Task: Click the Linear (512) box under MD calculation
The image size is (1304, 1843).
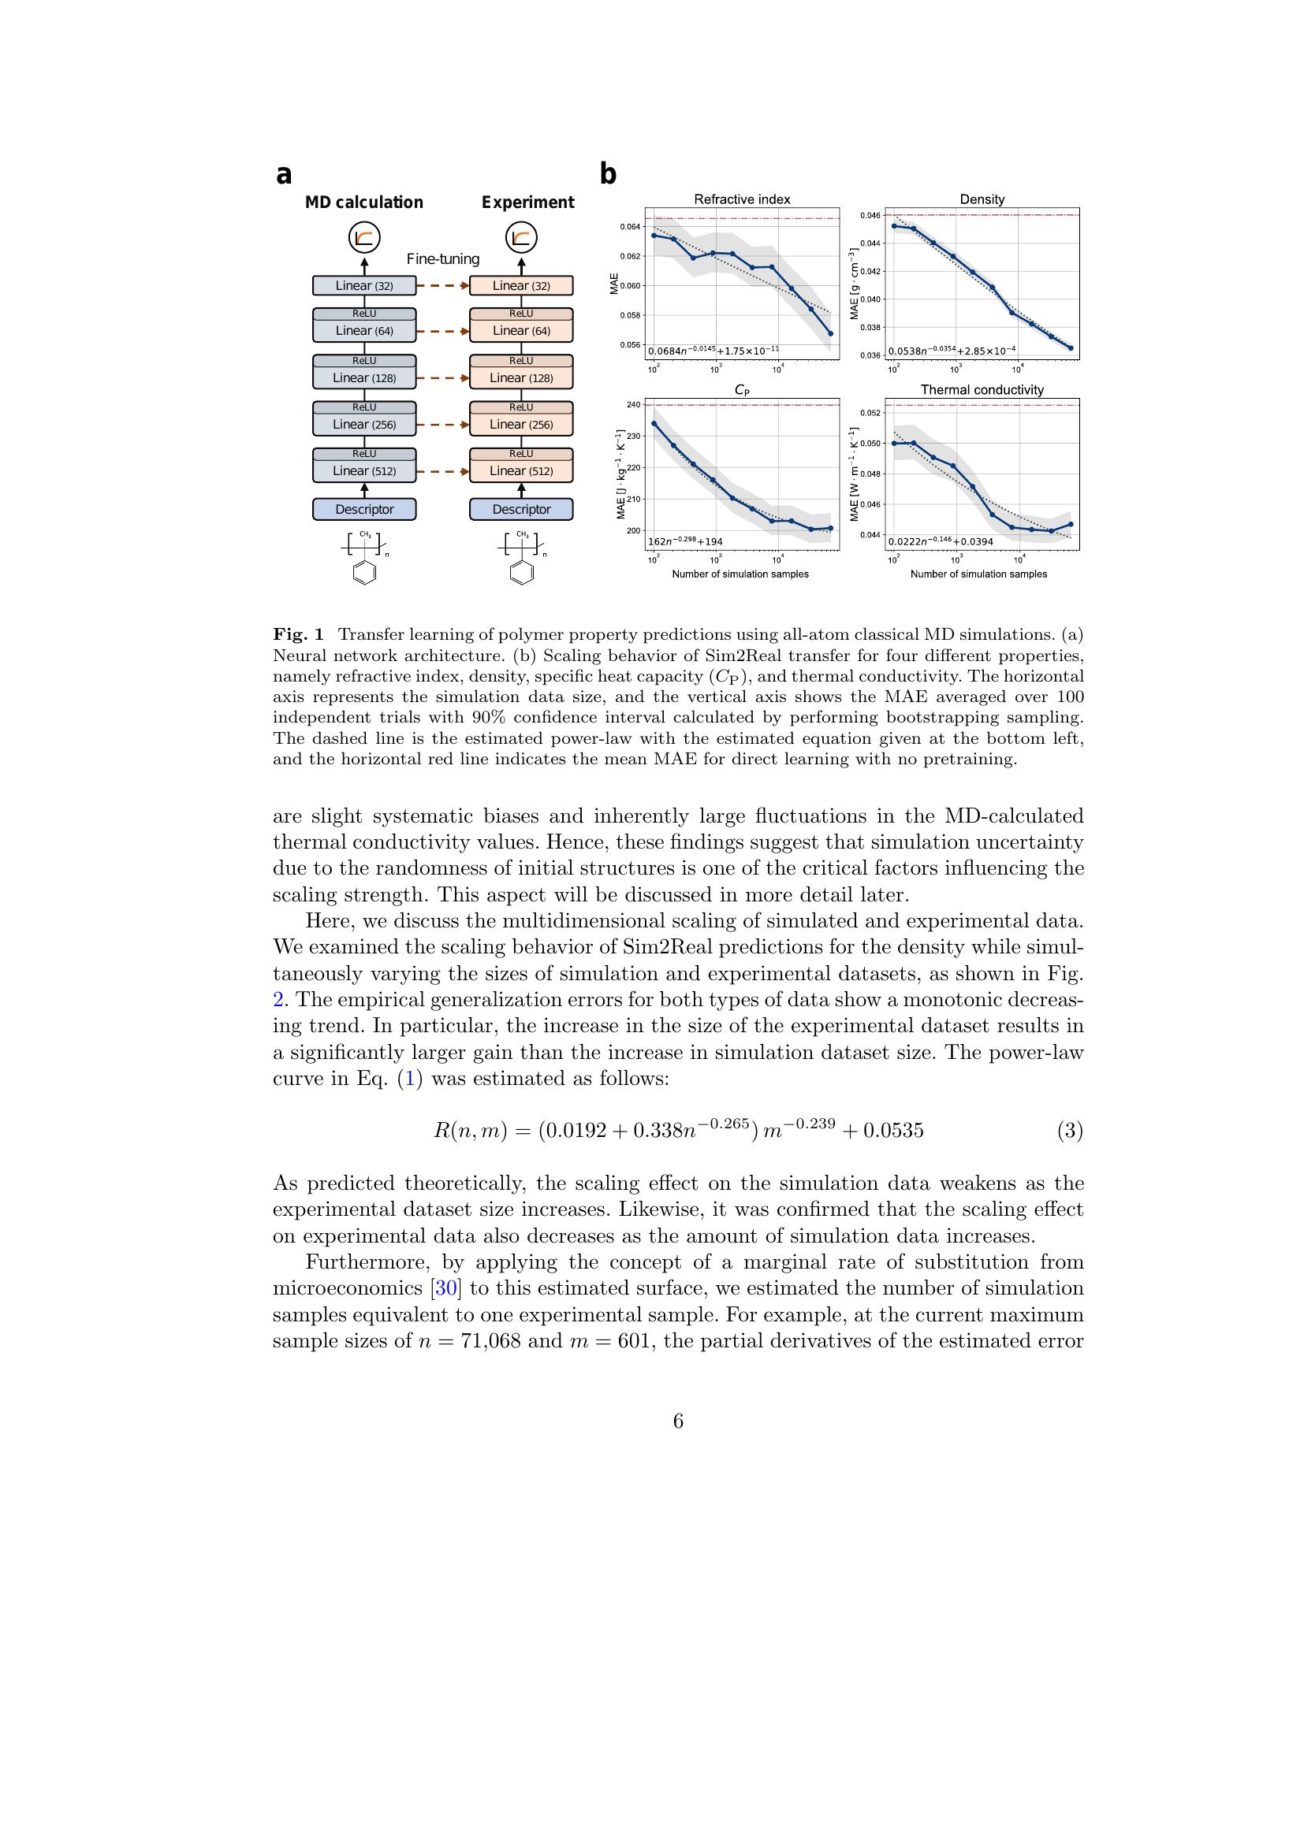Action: coord(363,471)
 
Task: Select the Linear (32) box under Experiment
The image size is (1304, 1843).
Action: coord(521,286)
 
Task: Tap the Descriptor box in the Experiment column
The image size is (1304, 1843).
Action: coord(521,510)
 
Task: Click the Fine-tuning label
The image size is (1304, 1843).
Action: coord(442,259)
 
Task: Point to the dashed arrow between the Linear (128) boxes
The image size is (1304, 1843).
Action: coord(442,378)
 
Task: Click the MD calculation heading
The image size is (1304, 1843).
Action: coord(363,203)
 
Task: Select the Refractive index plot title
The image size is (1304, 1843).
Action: coord(742,199)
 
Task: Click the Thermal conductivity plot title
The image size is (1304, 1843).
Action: coord(982,390)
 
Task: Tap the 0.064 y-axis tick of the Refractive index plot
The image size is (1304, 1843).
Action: coord(631,227)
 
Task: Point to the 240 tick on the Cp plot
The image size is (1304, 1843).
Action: coord(634,404)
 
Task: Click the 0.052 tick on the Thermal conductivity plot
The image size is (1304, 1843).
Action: coord(870,414)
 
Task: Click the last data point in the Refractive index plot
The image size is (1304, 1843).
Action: coord(831,334)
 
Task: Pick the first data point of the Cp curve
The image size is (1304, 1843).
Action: coord(654,424)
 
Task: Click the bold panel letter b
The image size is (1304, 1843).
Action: coord(608,174)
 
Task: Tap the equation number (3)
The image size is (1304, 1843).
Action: coord(1070,1131)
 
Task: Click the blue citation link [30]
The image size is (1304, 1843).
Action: coord(446,1288)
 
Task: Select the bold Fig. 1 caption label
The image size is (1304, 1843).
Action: coord(298,635)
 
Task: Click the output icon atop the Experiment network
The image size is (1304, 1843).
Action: coord(521,239)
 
